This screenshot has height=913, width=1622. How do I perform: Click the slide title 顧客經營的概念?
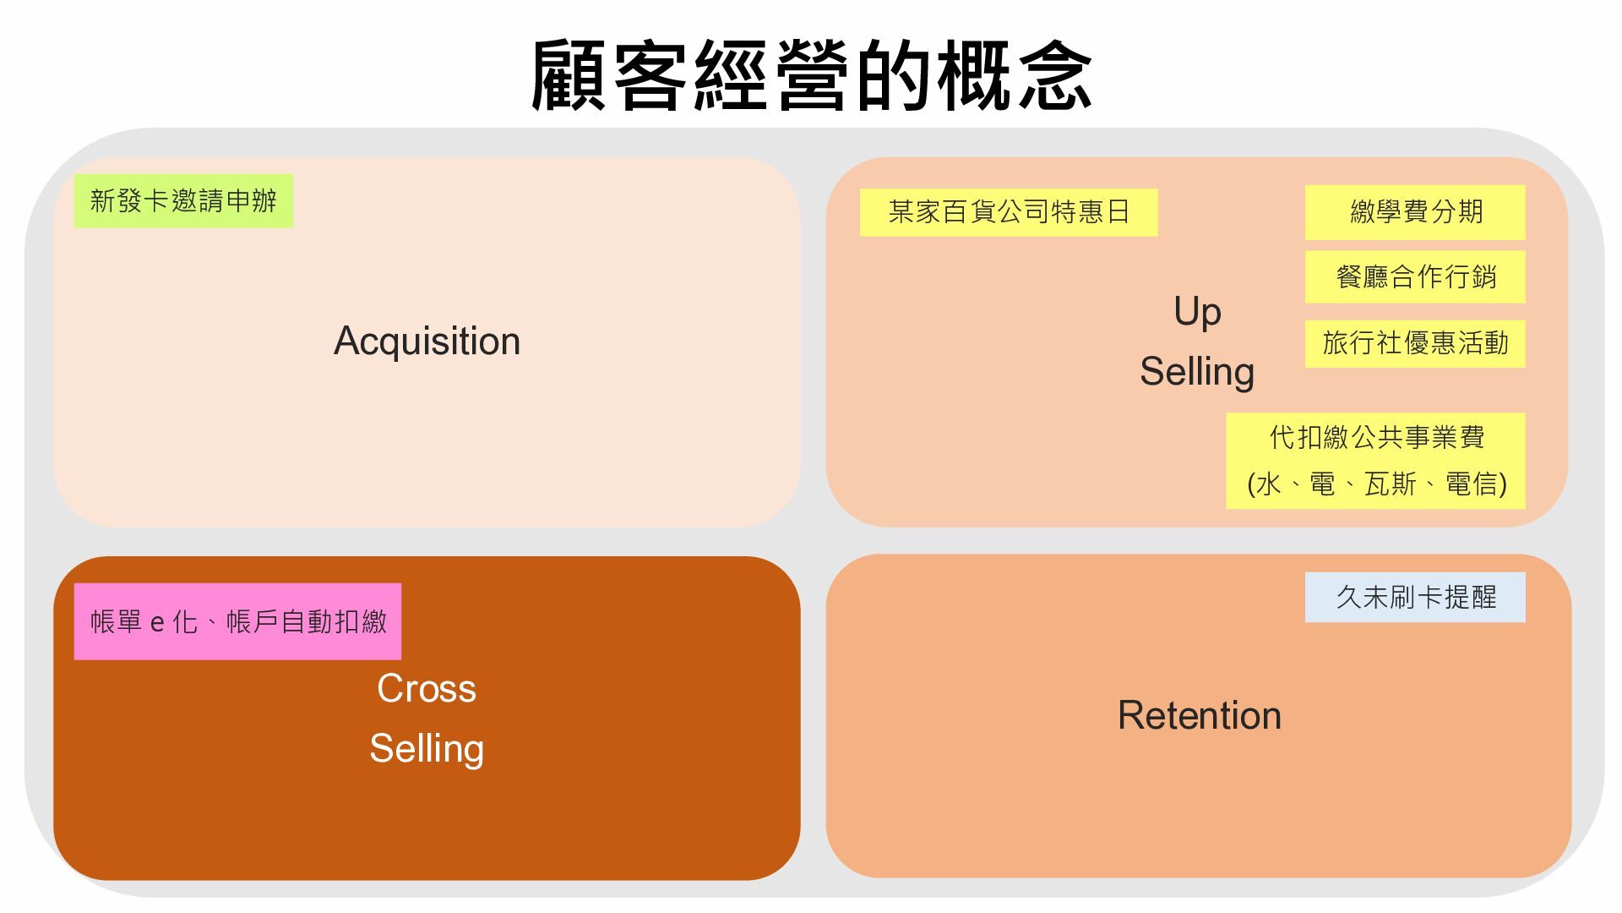tap(811, 76)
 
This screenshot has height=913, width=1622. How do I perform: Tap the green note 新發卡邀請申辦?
tap(183, 201)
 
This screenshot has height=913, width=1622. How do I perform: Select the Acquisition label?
tap(427, 342)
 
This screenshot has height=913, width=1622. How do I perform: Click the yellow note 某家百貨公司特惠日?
tap(1009, 211)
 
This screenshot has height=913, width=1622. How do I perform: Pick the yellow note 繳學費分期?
tap(1416, 211)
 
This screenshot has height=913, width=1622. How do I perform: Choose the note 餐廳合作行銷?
tap(1416, 276)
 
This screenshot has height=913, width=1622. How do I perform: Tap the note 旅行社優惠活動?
tap(1416, 343)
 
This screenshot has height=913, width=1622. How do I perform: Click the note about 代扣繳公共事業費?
tap(1376, 438)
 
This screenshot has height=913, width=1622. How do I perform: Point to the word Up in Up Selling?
tap(1197, 312)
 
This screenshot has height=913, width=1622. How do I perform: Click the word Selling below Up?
tap(1197, 372)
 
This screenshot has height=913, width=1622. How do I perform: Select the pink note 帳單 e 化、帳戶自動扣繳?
tap(238, 622)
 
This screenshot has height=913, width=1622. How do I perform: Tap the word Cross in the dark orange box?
tap(427, 689)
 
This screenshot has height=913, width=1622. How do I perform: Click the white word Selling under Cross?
tap(427, 749)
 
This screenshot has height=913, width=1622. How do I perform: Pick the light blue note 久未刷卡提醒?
tap(1416, 598)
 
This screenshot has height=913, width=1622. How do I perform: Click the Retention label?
tap(1200, 716)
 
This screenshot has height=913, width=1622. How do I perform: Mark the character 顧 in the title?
tap(568, 76)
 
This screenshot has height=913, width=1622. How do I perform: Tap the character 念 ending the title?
tap(1056, 76)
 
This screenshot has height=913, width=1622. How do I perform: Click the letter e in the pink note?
tap(157, 624)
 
